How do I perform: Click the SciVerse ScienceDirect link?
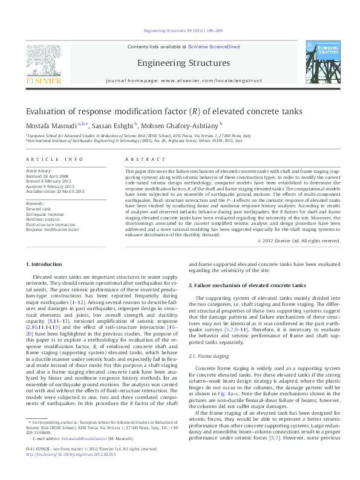(x=214, y=47)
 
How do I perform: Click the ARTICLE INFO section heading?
(x=54, y=159)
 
